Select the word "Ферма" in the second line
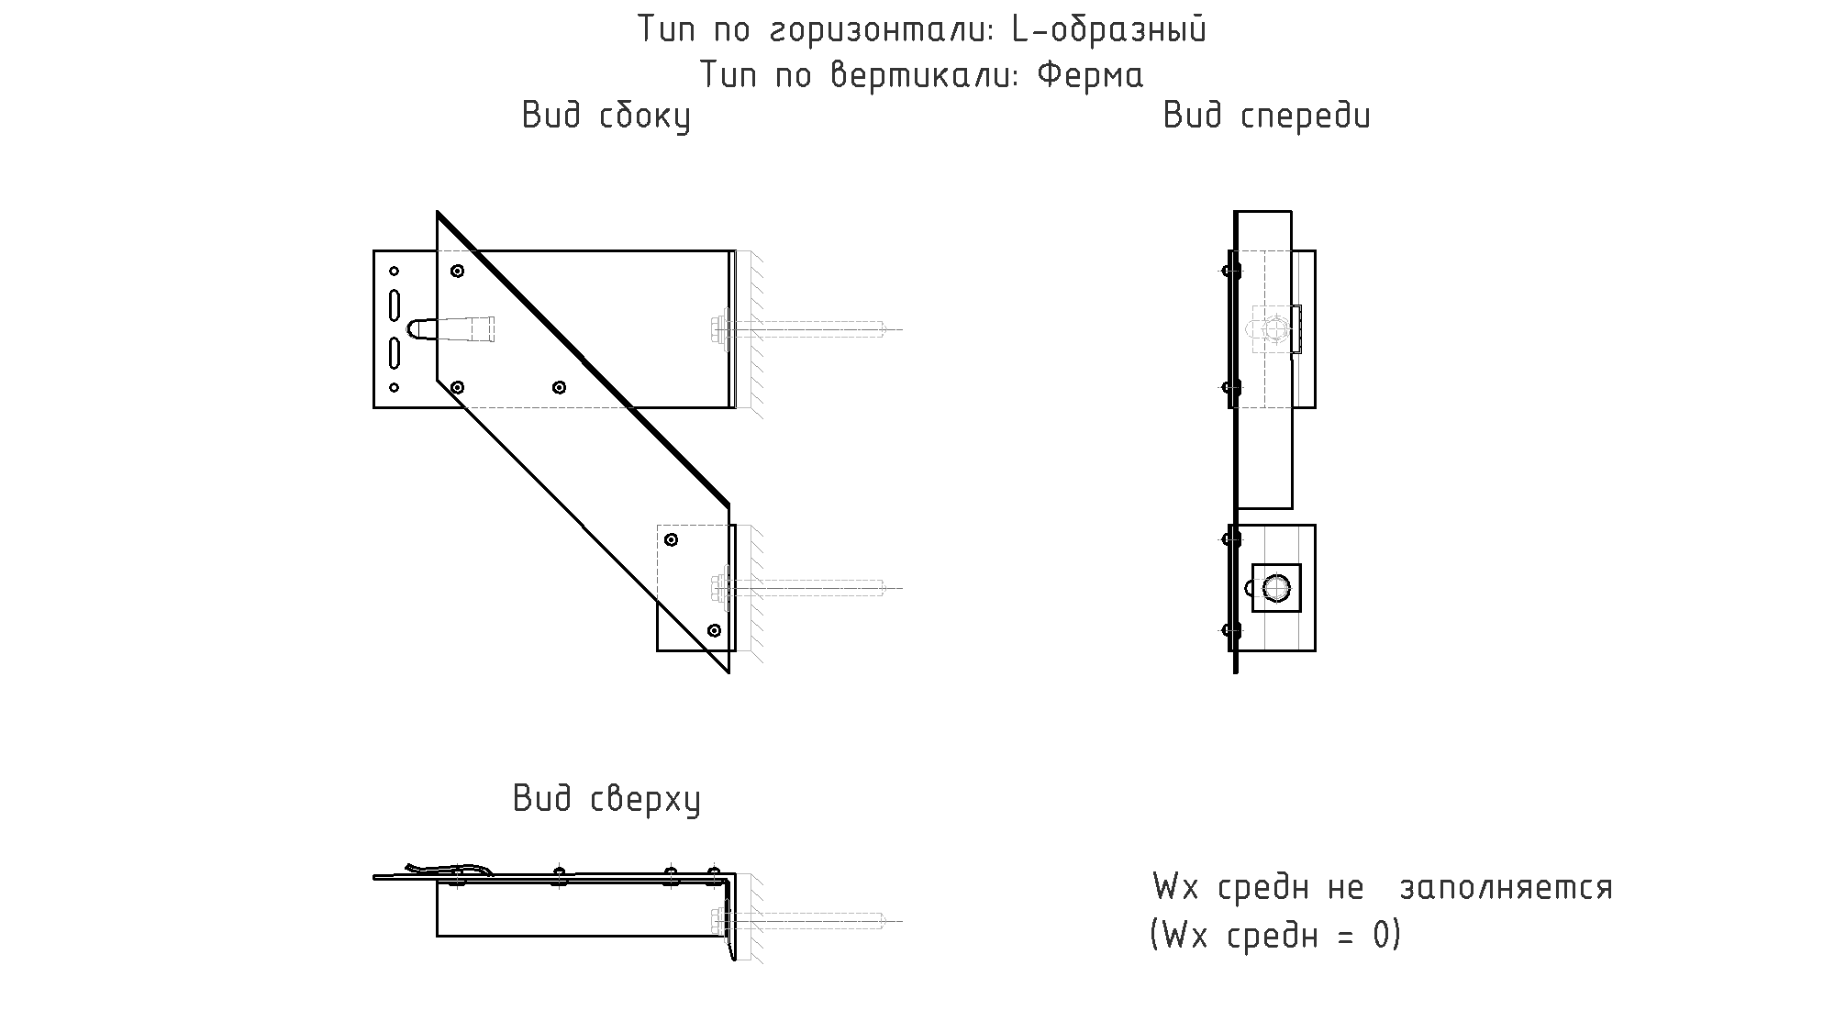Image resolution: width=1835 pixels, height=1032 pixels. [1090, 74]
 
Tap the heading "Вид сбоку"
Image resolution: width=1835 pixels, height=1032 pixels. [606, 117]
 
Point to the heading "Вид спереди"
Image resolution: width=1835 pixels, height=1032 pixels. [1266, 117]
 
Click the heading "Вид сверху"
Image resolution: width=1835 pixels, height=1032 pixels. [606, 799]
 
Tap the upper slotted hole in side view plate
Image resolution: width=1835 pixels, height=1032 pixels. [395, 305]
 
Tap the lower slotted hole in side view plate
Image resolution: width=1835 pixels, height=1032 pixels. [395, 353]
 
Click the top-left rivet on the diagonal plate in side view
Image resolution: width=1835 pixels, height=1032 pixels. [457, 271]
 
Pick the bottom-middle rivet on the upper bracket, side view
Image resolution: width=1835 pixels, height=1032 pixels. [559, 387]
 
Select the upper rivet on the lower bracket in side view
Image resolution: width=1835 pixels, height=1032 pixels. [671, 539]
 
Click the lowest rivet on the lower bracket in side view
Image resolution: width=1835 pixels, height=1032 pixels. [715, 630]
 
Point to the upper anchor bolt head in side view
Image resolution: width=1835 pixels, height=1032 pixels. [719, 329]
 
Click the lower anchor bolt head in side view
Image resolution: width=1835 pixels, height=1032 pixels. [719, 588]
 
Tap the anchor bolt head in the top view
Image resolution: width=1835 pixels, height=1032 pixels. [719, 920]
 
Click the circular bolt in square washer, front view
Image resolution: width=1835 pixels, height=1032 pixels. [1276, 587]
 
